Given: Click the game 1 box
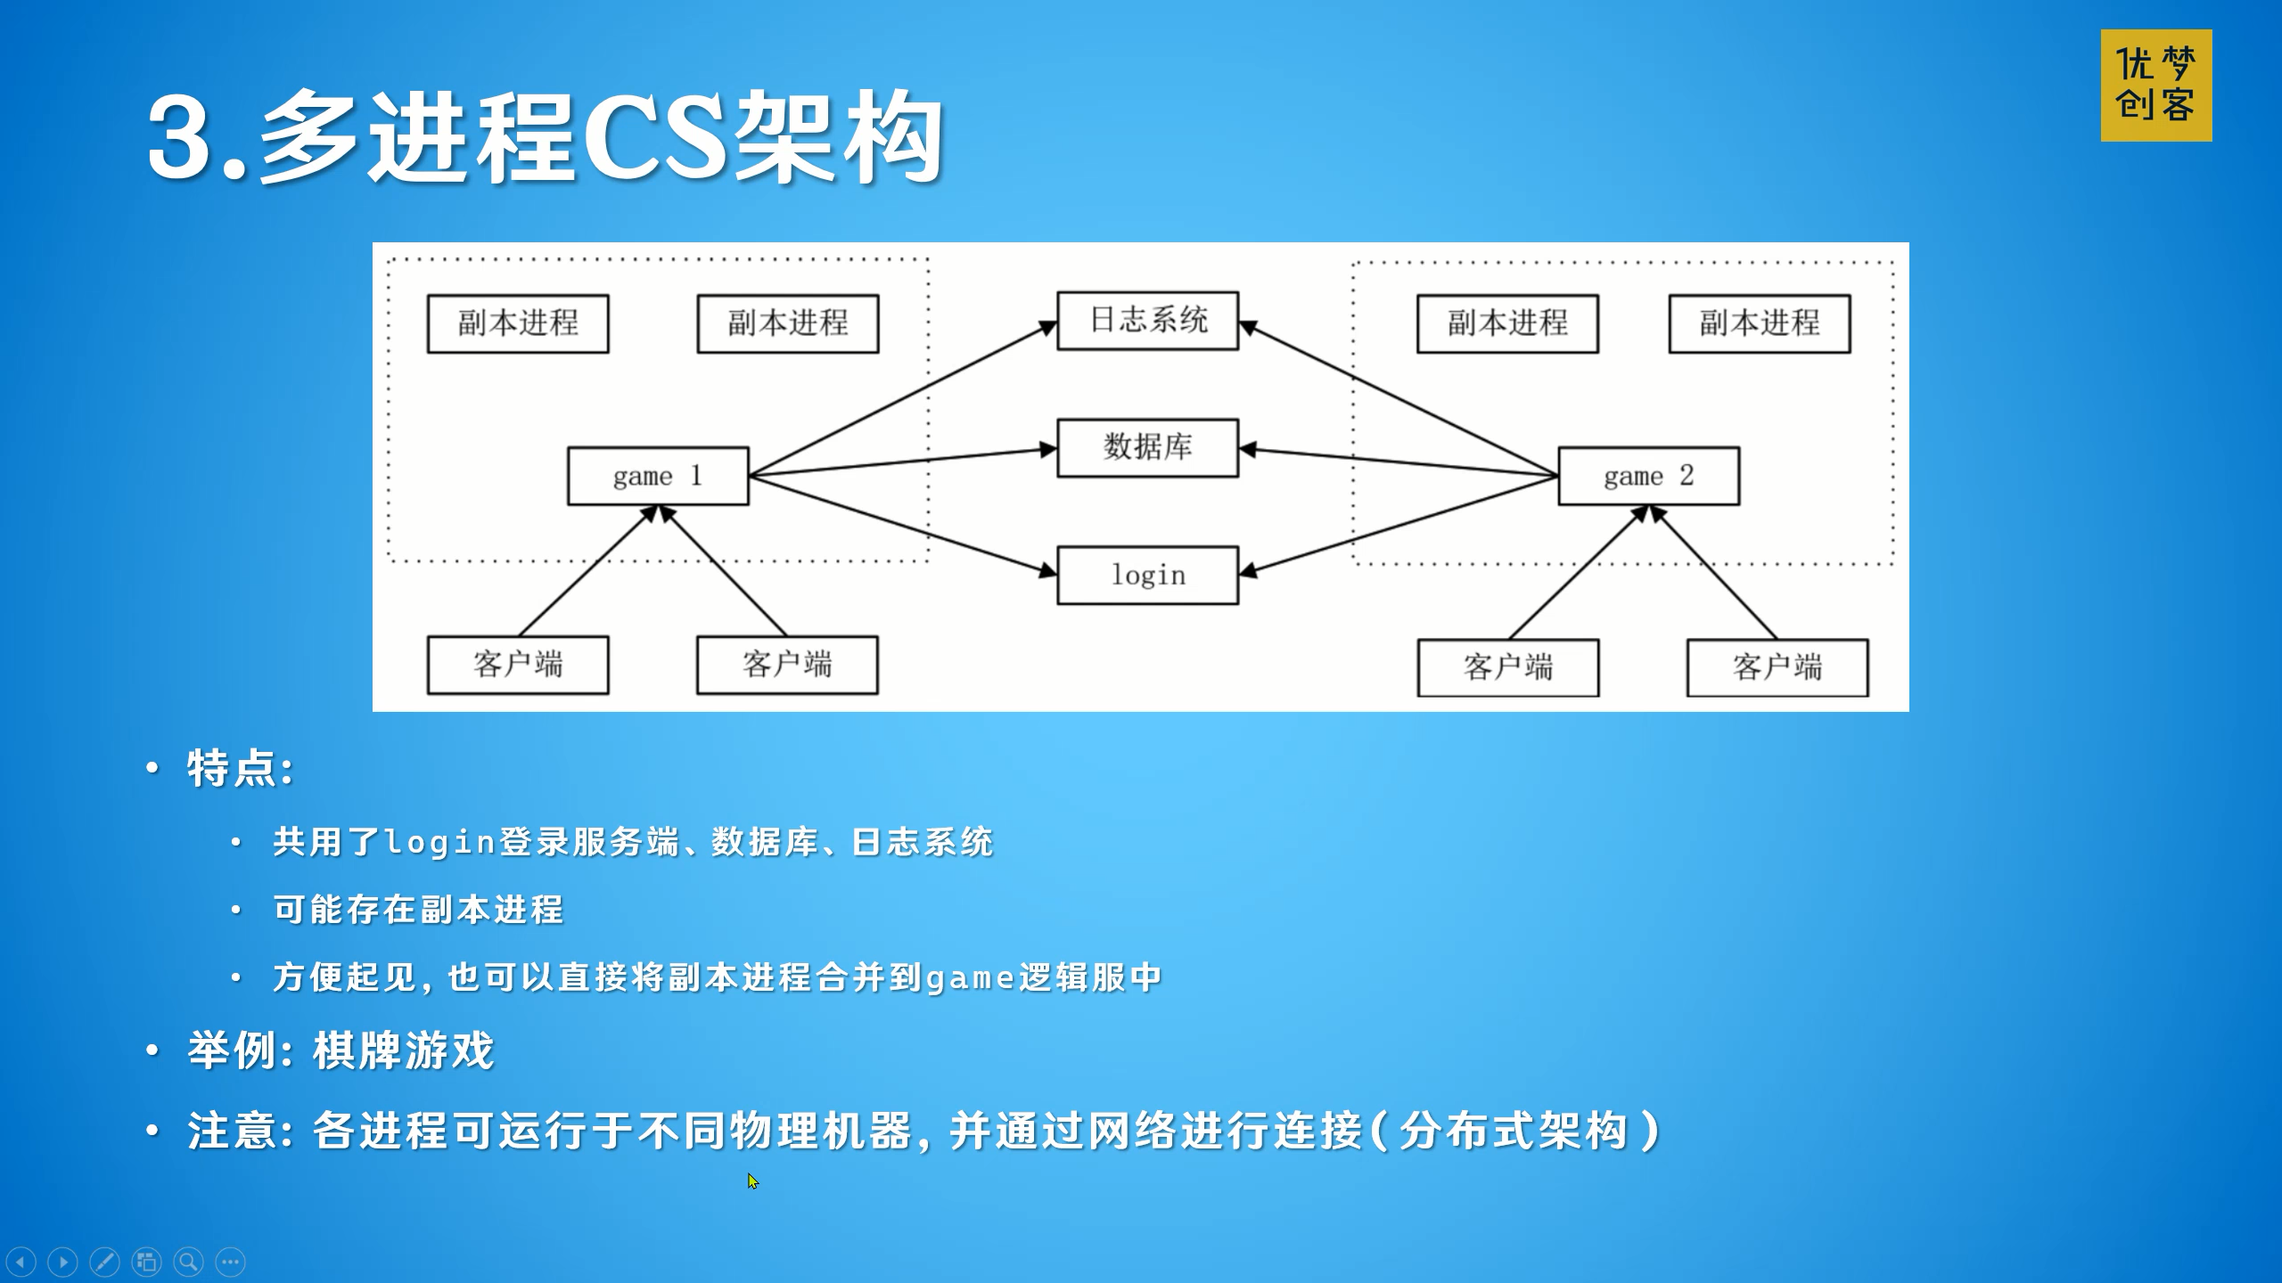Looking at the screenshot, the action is tap(658, 476).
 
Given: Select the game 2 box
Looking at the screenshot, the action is tap(1648, 476).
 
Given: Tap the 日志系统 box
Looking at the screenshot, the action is tap(1147, 321).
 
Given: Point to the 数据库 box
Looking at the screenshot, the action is tap(1147, 448).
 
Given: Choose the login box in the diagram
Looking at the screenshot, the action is tap(1147, 576).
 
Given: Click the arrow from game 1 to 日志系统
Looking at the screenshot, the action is tap(903, 399).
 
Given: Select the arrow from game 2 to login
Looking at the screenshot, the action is tap(1398, 526).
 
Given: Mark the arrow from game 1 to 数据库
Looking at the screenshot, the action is tap(903, 462).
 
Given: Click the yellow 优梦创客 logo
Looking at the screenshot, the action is tap(2155, 86).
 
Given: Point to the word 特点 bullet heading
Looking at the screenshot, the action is tap(230, 768).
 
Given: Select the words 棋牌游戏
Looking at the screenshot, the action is tap(403, 1050).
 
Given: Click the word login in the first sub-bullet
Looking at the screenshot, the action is tap(439, 842).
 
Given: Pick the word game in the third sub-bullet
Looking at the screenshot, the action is tap(971, 978).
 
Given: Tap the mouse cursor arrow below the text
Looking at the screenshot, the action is tap(753, 1181).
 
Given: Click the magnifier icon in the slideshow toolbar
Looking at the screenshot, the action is tap(188, 1262).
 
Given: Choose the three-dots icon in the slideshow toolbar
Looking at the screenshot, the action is tap(230, 1262).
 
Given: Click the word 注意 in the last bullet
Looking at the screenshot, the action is tap(230, 1132).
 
